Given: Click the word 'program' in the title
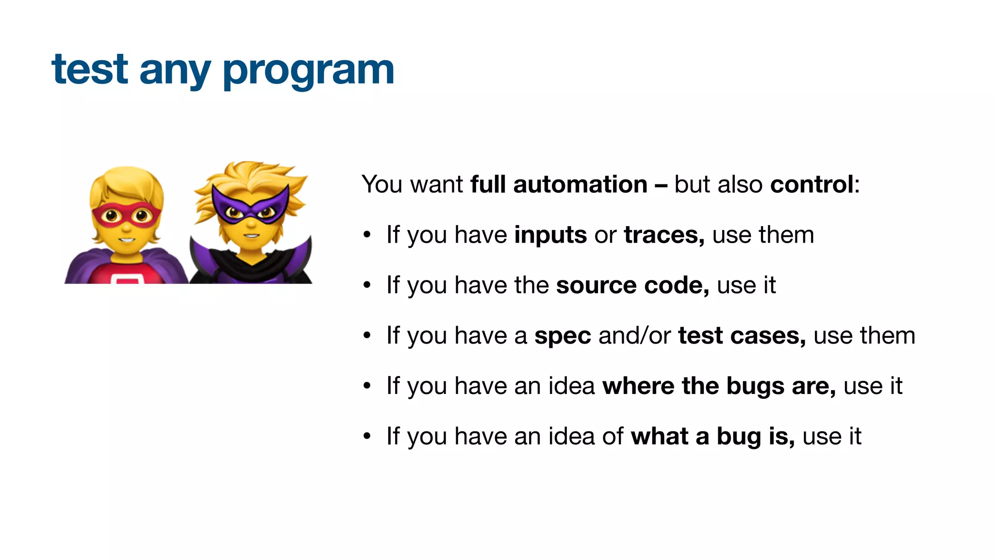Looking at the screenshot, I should (x=308, y=71).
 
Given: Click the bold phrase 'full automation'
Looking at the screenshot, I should (x=559, y=185).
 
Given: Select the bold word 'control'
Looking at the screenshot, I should (x=812, y=185).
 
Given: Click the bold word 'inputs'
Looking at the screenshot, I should (x=550, y=235).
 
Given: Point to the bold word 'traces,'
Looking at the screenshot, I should (x=664, y=235).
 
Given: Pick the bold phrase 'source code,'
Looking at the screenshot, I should (x=632, y=286).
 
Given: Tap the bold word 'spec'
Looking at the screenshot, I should (x=563, y=336).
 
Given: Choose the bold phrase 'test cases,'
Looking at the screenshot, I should (x=742, y=336).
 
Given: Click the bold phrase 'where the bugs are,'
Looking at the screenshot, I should (x=719, y=387).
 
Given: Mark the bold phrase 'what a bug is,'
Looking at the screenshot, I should (x=712, y=437).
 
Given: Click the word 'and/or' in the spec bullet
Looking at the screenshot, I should (x=634, y=336).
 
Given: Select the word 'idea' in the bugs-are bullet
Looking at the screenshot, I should (x=571, y=387).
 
